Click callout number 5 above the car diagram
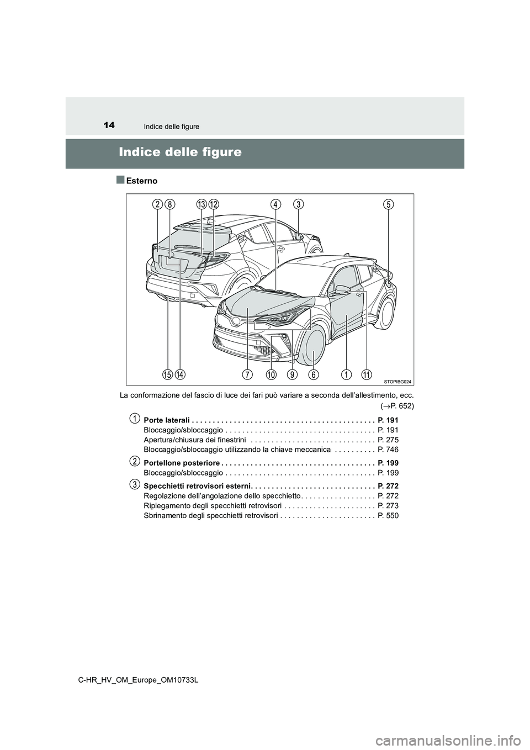pyautogui.click(x=389, y=204)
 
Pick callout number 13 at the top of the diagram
pyautogui.click(x=202, y=204)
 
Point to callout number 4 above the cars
pyautogui.click(x=275, y=204)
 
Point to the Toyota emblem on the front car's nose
pyautogui.click(x=236, y=320)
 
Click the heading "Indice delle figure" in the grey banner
pyautogui.click(x=181, y=151)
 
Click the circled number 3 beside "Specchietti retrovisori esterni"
pyautogui.click(x=134, y=484)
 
